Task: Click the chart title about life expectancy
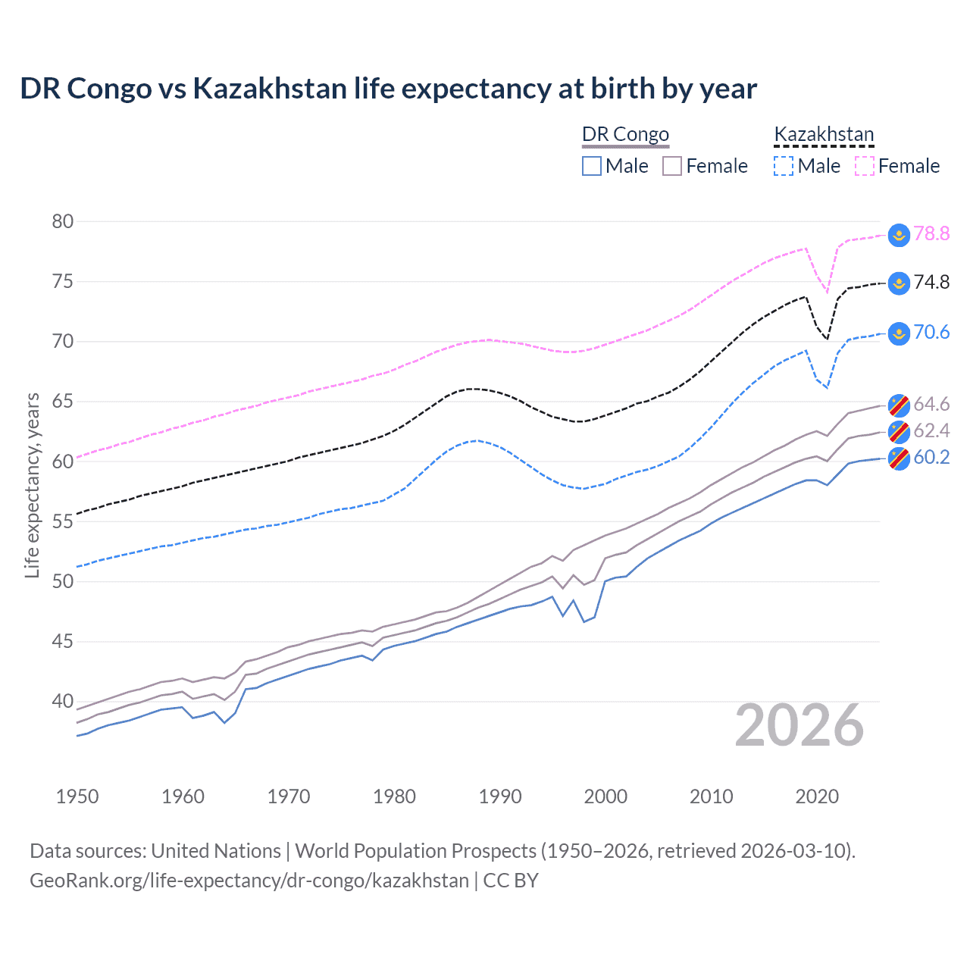388,89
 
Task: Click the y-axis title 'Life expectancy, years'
32,485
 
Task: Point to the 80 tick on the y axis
63,221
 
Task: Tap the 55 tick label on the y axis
63,521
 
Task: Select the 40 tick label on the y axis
63,701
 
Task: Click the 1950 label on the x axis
77,796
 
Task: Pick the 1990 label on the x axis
500,796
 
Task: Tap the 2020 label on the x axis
817,796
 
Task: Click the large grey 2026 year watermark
799,726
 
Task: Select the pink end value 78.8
931,233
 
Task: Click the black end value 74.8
931,283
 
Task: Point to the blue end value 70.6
931,332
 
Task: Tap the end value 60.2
931,457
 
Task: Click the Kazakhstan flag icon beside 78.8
899,234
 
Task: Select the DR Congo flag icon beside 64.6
899,405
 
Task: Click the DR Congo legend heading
625,134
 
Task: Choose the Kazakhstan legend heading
824,134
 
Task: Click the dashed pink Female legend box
865,166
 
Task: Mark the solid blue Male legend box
592,166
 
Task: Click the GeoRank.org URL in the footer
249,881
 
